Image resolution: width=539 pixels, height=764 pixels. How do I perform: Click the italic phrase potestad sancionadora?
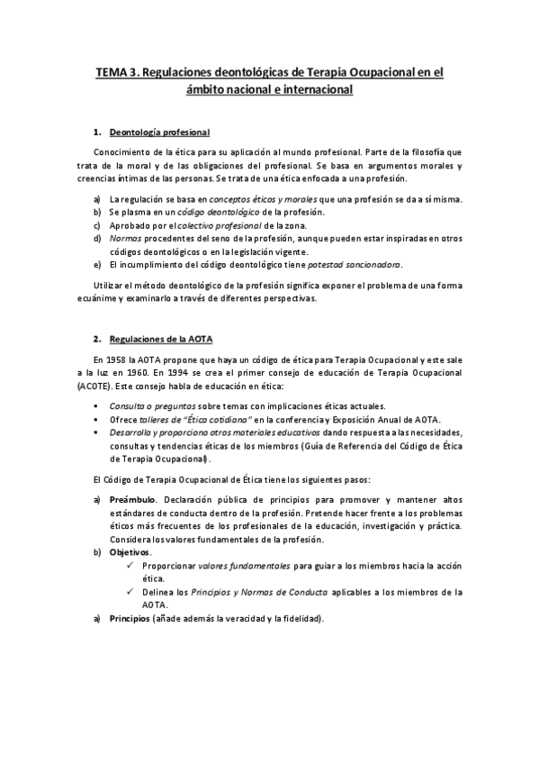coord(355,264)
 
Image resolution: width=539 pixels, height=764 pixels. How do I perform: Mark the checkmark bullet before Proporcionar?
coord(131,565)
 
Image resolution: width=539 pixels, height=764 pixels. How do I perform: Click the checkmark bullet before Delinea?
coord(131,592)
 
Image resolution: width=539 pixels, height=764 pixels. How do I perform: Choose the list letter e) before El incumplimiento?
coord(97,264)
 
